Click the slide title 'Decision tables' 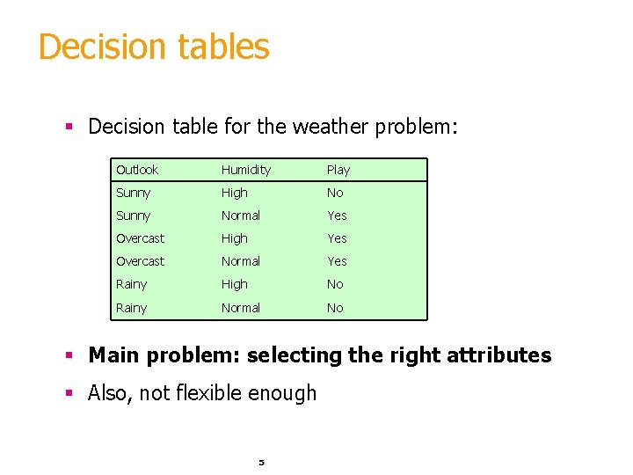pyautogui.click(x=154, y=47)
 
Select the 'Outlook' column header pyautogui.click(x=137, y=170)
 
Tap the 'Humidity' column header pyautogui.click(x=246, y=170)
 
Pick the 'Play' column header pyautogui.click(x=338, y=170)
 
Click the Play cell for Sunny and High pyautogui.click(x=335, y=193)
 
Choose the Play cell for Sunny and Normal pyautogui.click(x=337, y=216)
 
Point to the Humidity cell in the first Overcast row pyautogui.click(x=235, y=238)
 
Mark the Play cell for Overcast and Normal pyautogui.click(x=337, y=261)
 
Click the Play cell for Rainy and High pyautogui.click(x=335, y=284)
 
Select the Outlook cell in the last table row pyautogui.click(x=132, y=308)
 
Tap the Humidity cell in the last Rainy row pyautogui.click(x=241, y=308)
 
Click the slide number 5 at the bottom pyautogui.click(x=261, y=462)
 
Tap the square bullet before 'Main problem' pyautogui.click(x=68, y=356)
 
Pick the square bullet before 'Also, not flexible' pyautogui.click(x=68, y=393)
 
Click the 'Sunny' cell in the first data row pyautogui.click(x=134, y=193)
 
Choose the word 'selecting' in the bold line pyautogui.click(x=294, y=355)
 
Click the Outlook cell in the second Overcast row pyautogui.click(x=141, y=261)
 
